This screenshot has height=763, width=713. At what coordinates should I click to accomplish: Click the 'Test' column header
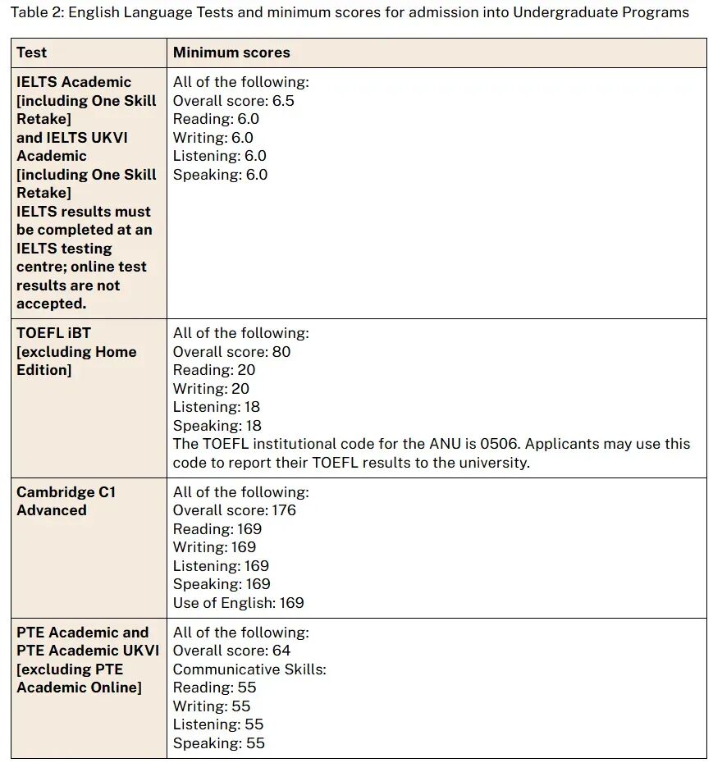pos(32,53)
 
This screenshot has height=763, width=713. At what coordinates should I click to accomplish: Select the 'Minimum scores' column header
pos(231,53)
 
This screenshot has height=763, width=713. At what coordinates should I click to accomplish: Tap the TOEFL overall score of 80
pos(281,352)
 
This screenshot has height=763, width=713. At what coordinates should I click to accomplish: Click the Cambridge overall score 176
pos(284,510)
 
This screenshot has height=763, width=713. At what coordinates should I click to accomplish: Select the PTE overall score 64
pos(281,651)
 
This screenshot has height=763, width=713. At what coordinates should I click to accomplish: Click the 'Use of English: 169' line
pos(238,603)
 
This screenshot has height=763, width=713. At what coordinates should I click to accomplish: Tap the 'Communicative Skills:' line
pos(249,669)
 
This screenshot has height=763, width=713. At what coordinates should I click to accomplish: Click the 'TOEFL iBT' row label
pos(53,333)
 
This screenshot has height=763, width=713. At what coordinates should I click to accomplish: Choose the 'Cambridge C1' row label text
pos(66,492)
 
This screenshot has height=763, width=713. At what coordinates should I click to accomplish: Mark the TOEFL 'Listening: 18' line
pos(217,407)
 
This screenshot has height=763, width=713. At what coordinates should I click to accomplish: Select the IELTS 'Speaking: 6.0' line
pos(220,175)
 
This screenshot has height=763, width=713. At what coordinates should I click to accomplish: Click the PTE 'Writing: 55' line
pos(212,706)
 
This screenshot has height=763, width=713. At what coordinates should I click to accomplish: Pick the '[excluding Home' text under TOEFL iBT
pos(76,352)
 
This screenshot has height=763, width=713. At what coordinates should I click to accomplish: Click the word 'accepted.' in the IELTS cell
pos(51,304)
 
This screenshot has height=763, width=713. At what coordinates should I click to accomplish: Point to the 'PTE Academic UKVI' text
pos(88,651)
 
